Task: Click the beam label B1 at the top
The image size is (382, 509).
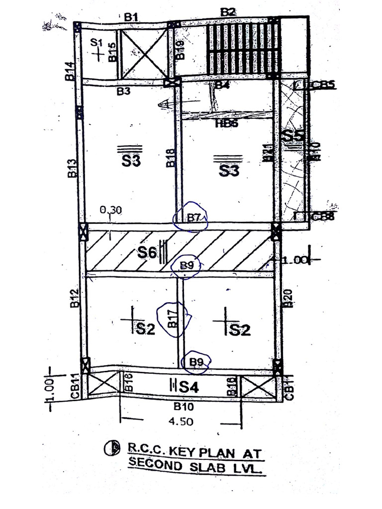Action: pos(131,17)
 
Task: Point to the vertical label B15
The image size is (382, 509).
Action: pos(112,52)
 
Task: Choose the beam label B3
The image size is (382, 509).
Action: pos(124,91)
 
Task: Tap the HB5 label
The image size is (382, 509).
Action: pos(227,124)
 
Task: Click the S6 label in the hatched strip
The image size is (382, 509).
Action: pos(148,253)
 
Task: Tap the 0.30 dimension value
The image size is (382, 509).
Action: pos(110,210)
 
